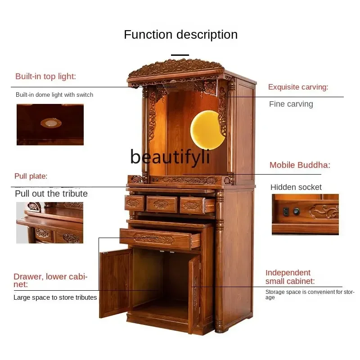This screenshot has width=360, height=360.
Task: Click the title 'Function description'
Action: click(180, 35)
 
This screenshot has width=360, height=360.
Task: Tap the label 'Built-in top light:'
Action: click(45, 76)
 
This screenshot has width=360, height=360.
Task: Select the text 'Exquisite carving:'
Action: click(298, 87)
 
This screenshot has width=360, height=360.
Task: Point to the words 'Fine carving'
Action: click(291, 104)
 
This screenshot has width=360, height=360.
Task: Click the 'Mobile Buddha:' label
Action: click(300, 165)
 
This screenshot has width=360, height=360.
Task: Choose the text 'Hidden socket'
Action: click(296, 187)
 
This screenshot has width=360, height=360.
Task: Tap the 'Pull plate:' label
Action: click(31, 176)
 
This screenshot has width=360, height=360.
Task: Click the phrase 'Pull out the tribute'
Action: click(51, 193)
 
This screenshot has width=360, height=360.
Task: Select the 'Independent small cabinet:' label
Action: click(290, 277)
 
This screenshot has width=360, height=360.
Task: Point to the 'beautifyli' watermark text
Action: click(170, 157)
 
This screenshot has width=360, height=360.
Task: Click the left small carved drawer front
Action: click(134, 203)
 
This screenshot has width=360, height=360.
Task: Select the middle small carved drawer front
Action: click(162, 204)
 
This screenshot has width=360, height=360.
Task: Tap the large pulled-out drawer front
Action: click(160, 238)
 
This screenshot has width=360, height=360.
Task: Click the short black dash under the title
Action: click(180, 55)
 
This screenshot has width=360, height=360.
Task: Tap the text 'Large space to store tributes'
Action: click(55, 297)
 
